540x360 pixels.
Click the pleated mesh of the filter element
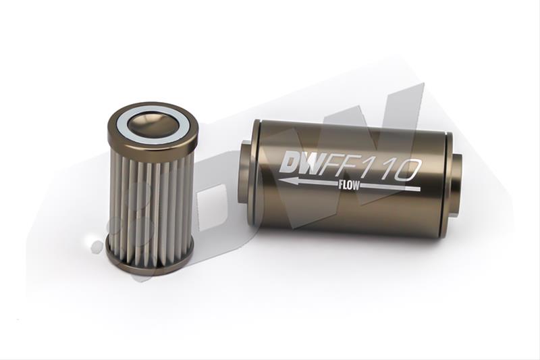150,203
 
